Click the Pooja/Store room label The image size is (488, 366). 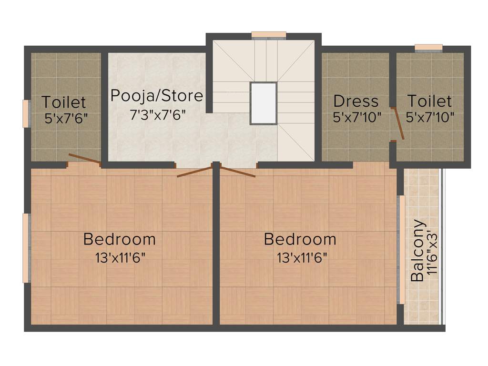[156, 96]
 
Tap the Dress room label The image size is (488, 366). [356, 101]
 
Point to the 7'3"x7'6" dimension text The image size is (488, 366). [158, 115]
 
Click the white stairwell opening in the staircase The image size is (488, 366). [264, 103]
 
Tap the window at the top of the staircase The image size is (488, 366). [269, 35]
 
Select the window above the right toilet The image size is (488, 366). [428, 47]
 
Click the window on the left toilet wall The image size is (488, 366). [26, 113]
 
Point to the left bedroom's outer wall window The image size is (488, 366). [27, 248]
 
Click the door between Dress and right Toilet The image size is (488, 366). [397, 123]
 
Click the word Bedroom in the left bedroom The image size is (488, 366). [119, 239]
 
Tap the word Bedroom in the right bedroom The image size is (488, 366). [300, 239]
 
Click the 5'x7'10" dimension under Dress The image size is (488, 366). [357, 117]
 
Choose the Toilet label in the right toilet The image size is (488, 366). [429, 101]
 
